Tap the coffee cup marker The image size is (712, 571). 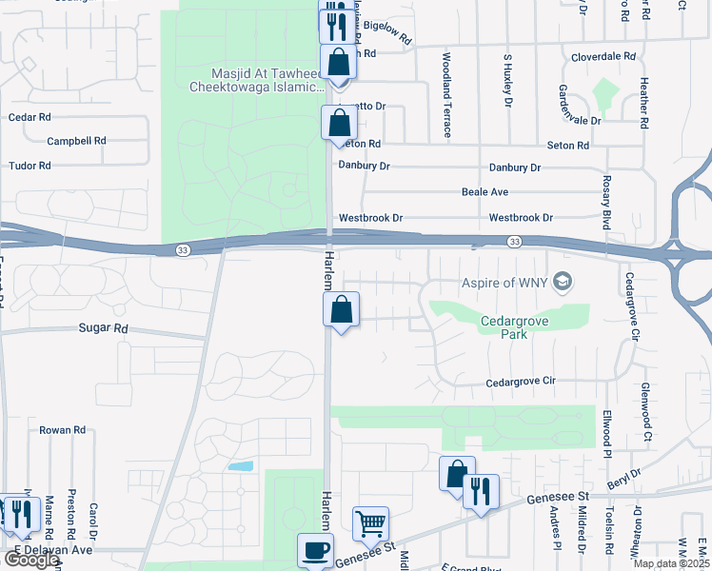(x=316, y=550)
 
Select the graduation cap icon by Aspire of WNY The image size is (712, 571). (x=564, y=282)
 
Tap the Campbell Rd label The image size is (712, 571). (x=76, y=140)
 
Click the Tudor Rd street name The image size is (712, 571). (x=30, y=166)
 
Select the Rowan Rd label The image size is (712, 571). (x=62, y=430)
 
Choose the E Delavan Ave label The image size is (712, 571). (x=52, y=550)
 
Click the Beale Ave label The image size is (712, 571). (x=485, y=192)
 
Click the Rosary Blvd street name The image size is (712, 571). (x=605, y=202)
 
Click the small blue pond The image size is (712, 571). (x=242, y=467)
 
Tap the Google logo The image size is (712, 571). (x=30, y=560)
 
